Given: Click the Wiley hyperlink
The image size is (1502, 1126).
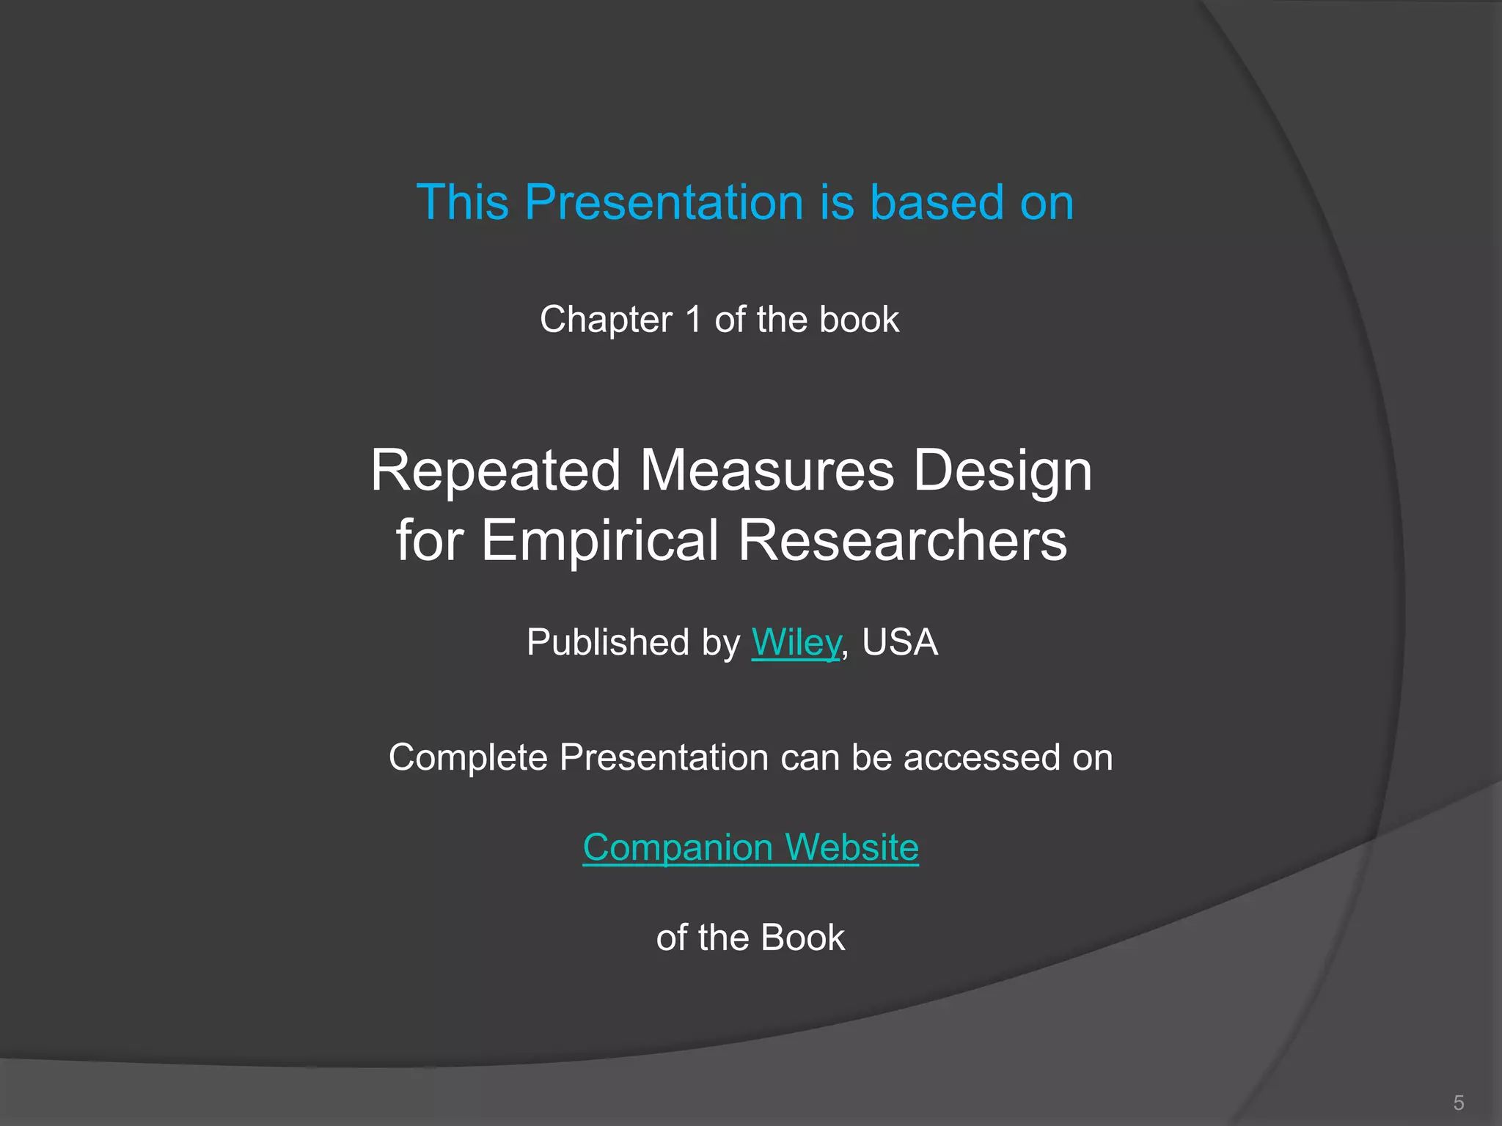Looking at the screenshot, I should pos(795,642).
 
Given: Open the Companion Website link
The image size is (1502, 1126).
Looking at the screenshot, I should pos(750,847).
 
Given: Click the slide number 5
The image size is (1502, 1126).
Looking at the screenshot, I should pos(1458,1103).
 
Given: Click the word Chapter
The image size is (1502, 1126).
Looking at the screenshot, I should pos(606,320).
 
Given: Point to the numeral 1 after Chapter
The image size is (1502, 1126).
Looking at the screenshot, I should pos(693,320).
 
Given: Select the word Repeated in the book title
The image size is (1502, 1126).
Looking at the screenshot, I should pos(495,471).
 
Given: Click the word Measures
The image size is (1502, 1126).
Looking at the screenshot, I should pos(766,471).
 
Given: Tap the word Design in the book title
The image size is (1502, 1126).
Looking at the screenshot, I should pos(1003,471).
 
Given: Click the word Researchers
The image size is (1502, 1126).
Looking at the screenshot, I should pos(902,540).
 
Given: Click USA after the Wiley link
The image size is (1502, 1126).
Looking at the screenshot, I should pos(899,642).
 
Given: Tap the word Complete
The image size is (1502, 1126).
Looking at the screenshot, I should pos(467,757).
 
